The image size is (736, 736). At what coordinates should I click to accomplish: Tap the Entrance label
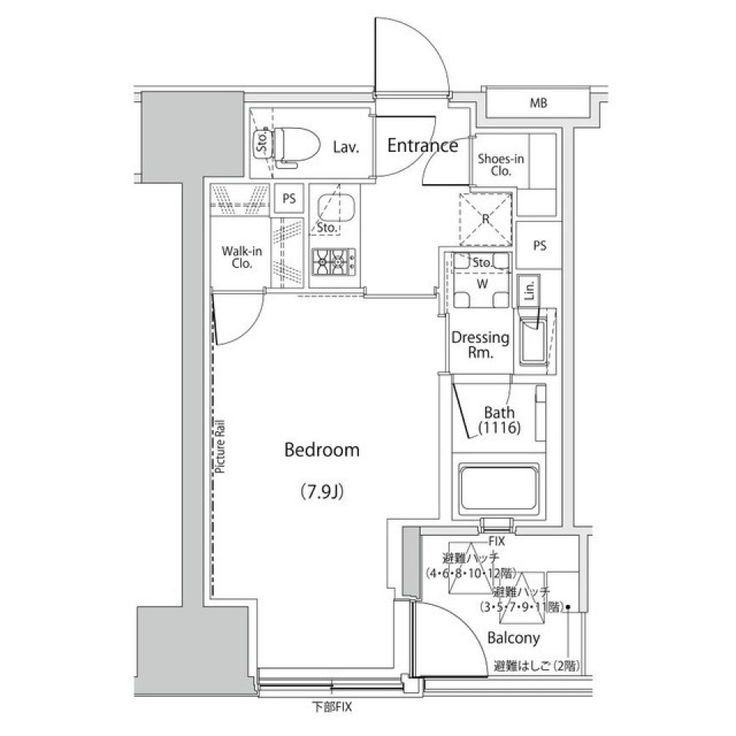pos(422,145)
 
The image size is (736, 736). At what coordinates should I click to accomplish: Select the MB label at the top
pos(537,103)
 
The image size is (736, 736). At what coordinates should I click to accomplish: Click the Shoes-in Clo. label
pos(501,165)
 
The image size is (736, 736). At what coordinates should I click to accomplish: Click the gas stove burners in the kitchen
pos(333,263)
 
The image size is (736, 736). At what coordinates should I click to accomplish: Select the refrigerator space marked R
pos(485,219)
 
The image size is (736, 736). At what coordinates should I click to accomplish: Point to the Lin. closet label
pos(529,291)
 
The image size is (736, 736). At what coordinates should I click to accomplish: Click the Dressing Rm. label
pos(480,345)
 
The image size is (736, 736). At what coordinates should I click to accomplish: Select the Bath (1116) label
pos(500,420)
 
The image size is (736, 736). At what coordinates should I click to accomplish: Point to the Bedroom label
pos(321,450)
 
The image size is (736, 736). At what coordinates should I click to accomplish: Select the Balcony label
pos(513,637)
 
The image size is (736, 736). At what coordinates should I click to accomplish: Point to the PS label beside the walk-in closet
pos(289,199)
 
